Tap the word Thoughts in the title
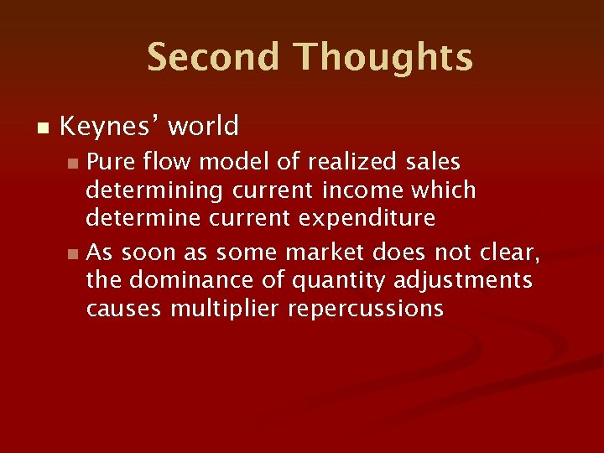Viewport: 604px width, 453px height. pos(383,58)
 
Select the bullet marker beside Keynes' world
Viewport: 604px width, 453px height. pos(44,128)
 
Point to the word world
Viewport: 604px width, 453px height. pos(203,127)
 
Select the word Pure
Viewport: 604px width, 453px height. pos(112,160)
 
